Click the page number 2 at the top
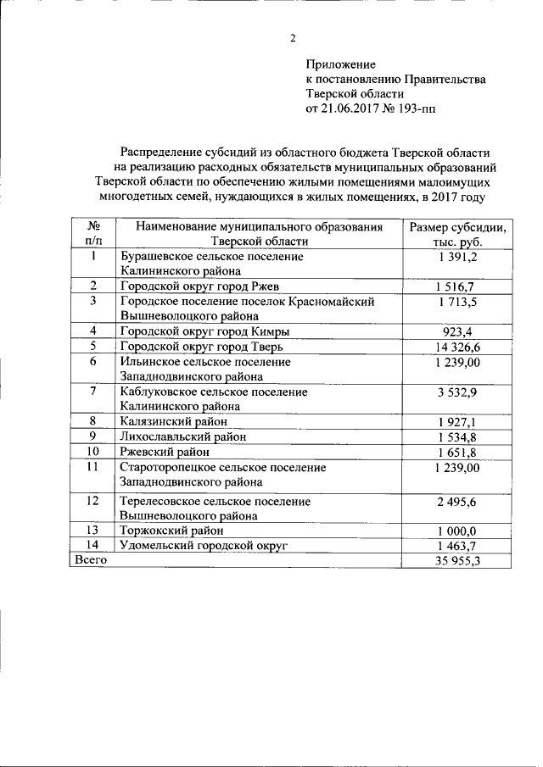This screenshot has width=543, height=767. click(294, 38)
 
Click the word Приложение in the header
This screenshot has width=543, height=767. click(339, 64)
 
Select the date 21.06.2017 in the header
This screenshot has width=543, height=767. click(349, 109)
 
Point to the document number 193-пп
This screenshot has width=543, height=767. click(417, 109)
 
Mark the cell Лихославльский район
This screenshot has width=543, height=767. click(184, 436)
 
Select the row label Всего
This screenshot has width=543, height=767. click(90, 560)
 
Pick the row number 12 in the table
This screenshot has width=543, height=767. click(94, 502)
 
